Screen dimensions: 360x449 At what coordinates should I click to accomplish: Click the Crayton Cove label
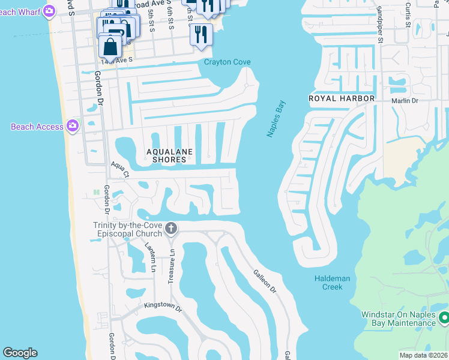click(227, 62)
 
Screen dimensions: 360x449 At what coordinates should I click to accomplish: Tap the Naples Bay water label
click(277, 119)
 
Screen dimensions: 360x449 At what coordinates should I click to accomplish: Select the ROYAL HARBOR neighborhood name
click(342, 98)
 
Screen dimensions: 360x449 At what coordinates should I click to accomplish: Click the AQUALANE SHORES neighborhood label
click(170, 156)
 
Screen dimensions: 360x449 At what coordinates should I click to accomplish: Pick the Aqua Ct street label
click(119, 170)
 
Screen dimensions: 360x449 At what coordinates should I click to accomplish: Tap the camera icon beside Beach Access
click(73, 126)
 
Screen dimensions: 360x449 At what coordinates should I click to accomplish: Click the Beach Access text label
click(37, 127)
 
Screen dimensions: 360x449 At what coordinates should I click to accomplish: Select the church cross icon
click(171, 229)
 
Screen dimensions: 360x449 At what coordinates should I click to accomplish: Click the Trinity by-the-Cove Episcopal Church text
click(127, 229)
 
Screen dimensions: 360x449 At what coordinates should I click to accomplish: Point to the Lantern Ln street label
click(151, 254)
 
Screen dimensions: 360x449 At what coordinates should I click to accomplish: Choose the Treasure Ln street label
click(172, 260)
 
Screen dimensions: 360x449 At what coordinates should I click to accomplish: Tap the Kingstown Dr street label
click(162, 306)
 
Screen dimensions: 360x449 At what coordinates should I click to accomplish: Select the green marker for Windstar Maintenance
click(444, 317)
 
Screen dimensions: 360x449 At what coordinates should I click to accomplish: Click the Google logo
click(20, 353)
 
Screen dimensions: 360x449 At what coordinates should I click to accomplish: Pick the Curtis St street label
click(408, 18)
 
